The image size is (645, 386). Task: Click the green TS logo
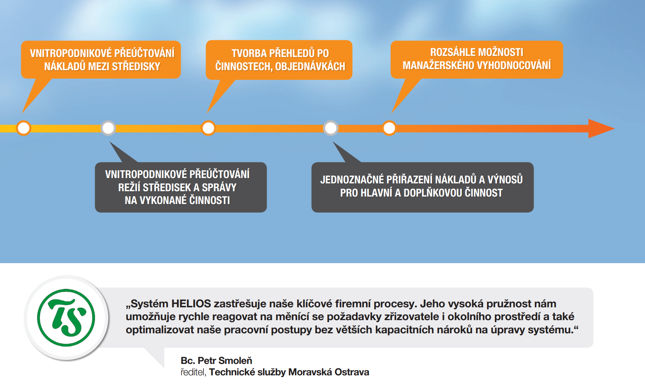[66, 318]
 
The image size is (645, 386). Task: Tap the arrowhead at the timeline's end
[601, 129]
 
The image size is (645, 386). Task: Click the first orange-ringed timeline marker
[23, 128]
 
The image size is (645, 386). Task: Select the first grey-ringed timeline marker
[108, 128]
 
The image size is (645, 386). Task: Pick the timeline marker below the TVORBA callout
[208, 128]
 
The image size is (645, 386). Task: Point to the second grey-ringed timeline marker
[331, 128]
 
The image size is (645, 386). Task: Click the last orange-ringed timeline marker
[389, 128]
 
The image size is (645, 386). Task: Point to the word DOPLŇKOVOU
[433, 193]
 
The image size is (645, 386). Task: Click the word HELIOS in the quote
[191, 304]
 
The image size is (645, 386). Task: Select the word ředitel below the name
[193, 372]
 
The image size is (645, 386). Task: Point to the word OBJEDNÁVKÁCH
[310, 67]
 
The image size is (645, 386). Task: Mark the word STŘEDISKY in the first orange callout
[136, 67]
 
